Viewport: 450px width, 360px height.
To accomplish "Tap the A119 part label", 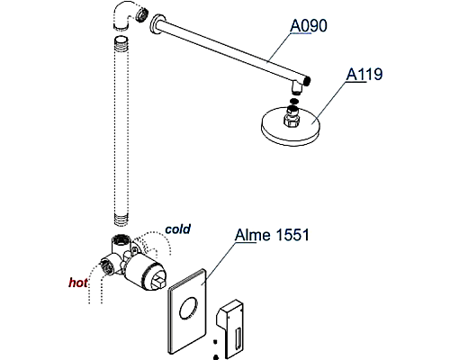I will pyautogui.click(x=366, y=75).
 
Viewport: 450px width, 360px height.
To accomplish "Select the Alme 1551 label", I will pyautogui.click(x=272, y=237).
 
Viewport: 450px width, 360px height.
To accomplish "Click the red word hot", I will pyautogui.click(x=79, y=282).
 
